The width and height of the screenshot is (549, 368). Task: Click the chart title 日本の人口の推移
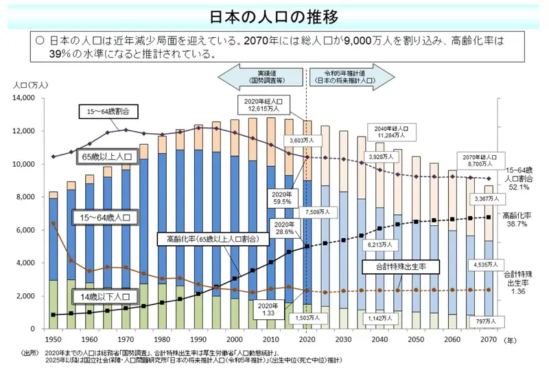point(274,15)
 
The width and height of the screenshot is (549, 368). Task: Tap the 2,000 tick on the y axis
point(25,296)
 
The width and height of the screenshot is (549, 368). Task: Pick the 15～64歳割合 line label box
point(107,111)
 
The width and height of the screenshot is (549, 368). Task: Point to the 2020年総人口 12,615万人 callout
point(264,104)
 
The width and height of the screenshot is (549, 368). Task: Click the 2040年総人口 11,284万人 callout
point(391,132)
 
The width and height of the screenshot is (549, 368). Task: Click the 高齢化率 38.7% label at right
point(520,218)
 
